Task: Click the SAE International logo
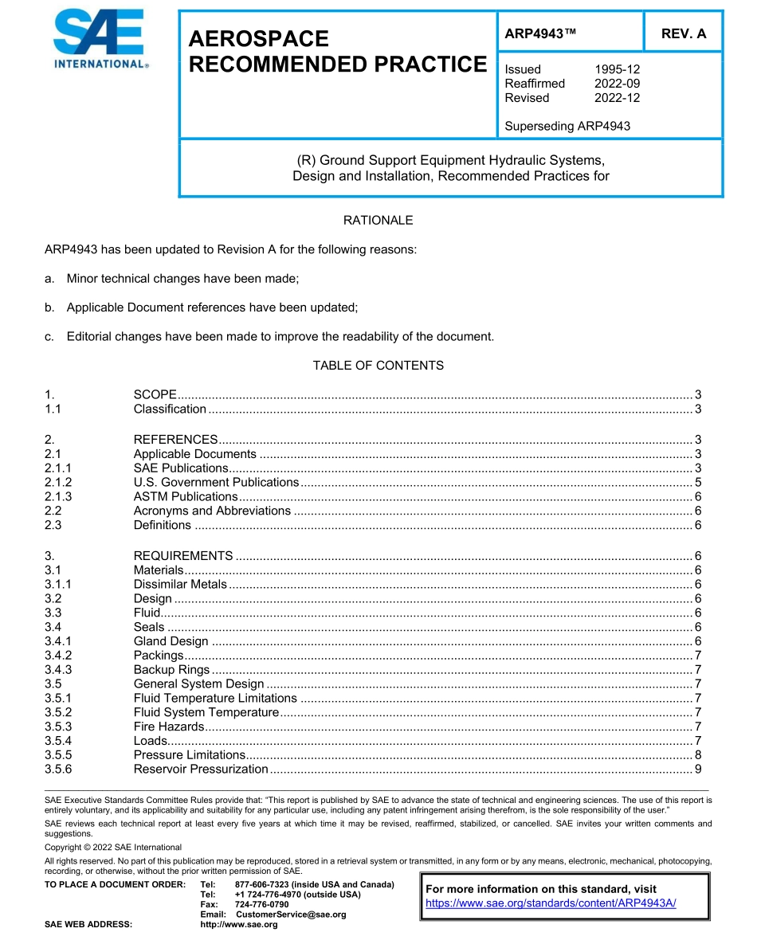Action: point(99,39)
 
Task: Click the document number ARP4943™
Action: point(540,33)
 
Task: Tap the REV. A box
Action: point(683,33)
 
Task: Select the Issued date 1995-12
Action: point(617,69)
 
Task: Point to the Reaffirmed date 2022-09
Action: point(617,84)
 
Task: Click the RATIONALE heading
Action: point(378,220)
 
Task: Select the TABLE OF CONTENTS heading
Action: point(378,366)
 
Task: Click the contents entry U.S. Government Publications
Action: point(216,482)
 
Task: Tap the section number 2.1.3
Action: point(58,496)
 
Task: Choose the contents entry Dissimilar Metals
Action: point(180,584)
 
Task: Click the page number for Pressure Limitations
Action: point(697,754)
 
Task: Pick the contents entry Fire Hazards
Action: point(169,726)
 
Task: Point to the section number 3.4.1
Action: point(58,641)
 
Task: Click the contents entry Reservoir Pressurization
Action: point(201,769)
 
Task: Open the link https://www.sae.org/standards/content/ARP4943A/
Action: point(551,903)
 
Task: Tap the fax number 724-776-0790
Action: point(262,905)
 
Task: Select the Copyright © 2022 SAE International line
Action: point(113,847)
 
